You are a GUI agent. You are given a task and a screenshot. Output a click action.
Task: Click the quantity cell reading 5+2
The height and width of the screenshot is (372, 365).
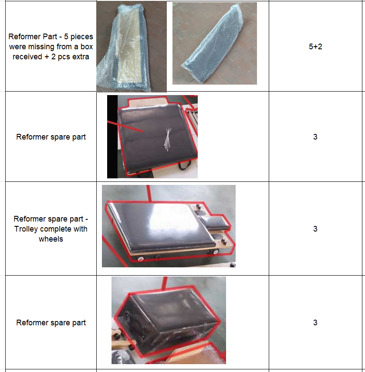[x=315, y=47]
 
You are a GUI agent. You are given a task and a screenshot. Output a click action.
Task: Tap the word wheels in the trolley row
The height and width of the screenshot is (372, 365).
[x=51, y=239]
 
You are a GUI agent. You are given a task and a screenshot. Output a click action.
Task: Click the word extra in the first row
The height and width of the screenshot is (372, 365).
[x=81, y=57]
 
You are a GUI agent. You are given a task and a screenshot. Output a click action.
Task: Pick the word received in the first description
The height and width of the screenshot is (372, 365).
[x=27, y=57]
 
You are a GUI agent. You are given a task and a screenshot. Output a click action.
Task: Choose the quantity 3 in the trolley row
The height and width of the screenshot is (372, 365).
[x=315, y=229]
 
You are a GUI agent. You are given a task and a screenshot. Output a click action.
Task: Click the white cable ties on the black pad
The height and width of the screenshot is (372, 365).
[x=168, y=140]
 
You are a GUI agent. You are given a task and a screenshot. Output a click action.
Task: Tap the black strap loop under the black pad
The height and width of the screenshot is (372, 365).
[x=185, y=165]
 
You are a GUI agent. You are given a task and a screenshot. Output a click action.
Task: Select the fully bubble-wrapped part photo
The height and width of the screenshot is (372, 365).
[x=214, y=44]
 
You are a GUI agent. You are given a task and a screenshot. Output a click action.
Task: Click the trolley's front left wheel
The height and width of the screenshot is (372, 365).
[x=141, y=259]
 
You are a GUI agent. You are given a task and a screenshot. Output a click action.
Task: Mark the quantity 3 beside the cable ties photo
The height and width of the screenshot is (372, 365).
[x=315, y=137]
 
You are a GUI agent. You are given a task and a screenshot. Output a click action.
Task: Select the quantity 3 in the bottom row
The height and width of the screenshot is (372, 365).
[x=315, y=322]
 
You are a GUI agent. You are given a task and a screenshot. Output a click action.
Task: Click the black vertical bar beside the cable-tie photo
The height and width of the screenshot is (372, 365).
[x=112, y=137]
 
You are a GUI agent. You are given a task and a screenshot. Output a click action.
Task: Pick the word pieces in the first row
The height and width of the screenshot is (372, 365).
[x=82, y=37]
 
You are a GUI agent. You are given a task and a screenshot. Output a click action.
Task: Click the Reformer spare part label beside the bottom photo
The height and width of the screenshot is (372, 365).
[x=51, y=323]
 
